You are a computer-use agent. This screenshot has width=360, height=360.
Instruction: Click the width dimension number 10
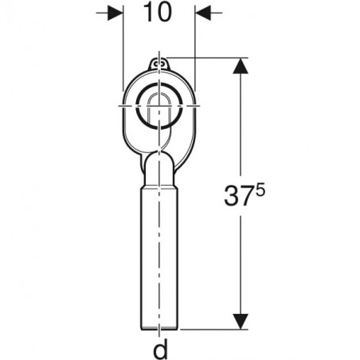[159, 14]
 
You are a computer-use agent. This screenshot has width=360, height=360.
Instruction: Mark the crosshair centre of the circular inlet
[159, 105]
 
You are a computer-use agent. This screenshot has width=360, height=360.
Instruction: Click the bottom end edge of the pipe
[159, 330]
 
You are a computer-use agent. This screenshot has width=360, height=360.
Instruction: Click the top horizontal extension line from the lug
[207, 57]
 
